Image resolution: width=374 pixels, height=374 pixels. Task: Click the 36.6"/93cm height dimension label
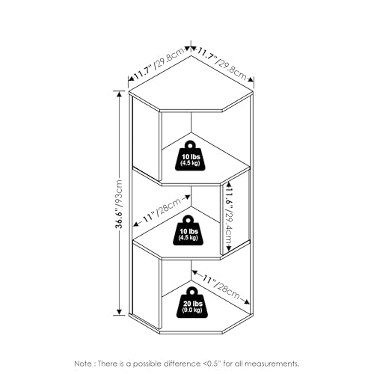pos(119,204)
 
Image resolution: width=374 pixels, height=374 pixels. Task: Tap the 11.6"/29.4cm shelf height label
pos(228,216)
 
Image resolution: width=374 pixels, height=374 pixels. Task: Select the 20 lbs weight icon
pos(193,303)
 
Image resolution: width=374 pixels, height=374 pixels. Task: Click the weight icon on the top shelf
pos(191,156)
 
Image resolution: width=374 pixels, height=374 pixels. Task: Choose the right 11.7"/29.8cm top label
pos(222,64)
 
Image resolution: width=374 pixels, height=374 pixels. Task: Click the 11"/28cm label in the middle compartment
pos(162,211)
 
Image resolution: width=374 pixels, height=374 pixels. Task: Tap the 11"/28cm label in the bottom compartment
pos(221,286)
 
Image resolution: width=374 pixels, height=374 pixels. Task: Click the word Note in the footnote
pos(83,364)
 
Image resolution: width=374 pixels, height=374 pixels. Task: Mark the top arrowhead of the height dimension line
pos(119,93)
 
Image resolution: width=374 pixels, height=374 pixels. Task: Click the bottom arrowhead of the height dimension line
pos(119,313)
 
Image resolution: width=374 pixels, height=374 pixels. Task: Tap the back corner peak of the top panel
pos(191,55)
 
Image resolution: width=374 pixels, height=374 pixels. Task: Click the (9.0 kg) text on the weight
pos(192,310)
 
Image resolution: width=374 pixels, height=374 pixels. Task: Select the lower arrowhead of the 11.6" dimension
pos(228,248)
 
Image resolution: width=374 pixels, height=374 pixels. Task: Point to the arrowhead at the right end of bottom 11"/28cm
pos(247,301)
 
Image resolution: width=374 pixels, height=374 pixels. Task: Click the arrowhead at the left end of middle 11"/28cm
pos(135,224)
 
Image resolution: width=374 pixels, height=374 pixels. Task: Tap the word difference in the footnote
pos(181,364)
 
